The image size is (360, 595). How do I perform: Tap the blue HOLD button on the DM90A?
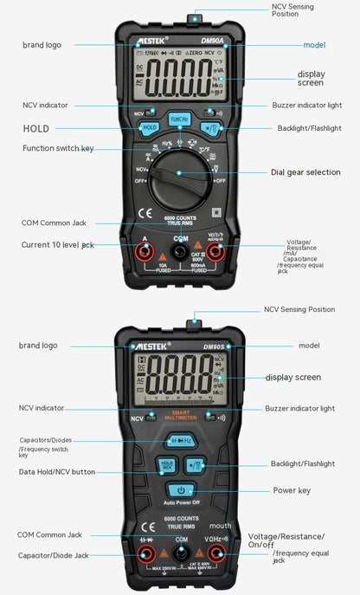(x=148, y=127)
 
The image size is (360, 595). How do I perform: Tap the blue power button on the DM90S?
(x=179, y=490)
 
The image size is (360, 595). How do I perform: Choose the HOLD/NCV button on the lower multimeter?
(x=166, y=466)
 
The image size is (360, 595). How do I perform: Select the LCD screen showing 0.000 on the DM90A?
(x=180, y=80)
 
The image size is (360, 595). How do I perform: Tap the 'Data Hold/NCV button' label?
(x=57, y=472)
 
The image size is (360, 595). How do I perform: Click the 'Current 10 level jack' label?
(x=58, y=245)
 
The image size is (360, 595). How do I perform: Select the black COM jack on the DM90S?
(x=180, y=553)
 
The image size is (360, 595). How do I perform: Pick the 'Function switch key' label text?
(x=58, y=149)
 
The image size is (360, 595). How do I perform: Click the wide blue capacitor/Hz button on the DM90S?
(x=179, y=441)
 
